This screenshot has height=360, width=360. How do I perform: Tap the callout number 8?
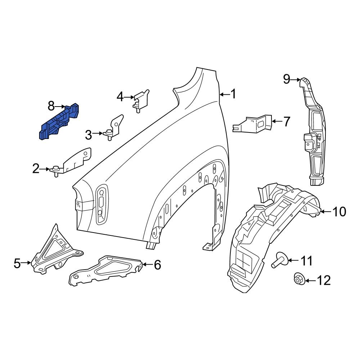point(51,106)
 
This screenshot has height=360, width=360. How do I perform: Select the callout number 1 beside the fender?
point(233,94)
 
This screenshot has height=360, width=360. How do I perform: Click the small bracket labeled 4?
point(141,99)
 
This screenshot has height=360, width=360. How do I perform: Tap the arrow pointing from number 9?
point(296,79)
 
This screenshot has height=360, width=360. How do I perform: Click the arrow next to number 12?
point(311,280)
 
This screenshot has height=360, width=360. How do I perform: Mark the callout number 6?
point(157,265)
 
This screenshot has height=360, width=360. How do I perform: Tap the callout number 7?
point(287,122)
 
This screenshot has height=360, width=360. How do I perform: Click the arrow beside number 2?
point(45,168)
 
